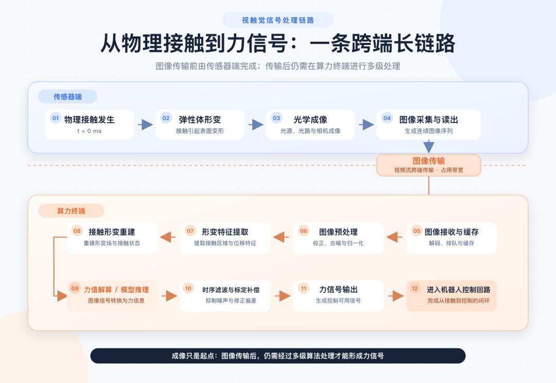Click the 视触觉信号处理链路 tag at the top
[277, 20]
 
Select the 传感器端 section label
[68, 96]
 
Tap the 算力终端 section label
[71, 211]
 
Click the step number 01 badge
[56, 118]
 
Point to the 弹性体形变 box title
[200, 120]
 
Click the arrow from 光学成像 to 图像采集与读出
[367, 125]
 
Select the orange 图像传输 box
[428, 165]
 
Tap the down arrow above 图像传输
[429, 146]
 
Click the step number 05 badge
[416, 231]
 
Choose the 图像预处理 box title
[338, 232]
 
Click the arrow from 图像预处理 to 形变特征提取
[281, 237]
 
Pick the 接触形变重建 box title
[112, 232]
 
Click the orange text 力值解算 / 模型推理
[116, 290]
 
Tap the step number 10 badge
[188, 289]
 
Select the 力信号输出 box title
[338, 290]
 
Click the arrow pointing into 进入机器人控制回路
[396, 296]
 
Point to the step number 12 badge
[415, 289]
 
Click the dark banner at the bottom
[277, 356]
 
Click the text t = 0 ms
[90, 131]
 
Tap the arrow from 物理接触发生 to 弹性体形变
[145, 125]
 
